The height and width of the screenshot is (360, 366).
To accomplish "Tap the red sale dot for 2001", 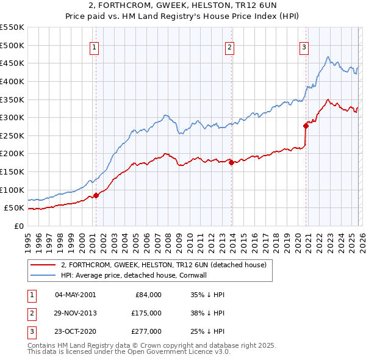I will (x=96, y=196).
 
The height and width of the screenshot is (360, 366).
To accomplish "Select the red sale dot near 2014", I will (x=231, y=162).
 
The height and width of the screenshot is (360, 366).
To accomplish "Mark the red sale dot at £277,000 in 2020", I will (x=306, y=126).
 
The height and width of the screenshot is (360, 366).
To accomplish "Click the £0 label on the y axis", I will (x=18, y=226).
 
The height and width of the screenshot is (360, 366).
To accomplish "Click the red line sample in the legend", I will (x=43, y=265).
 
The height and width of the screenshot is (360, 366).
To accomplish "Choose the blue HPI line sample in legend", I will (x=43, y=275).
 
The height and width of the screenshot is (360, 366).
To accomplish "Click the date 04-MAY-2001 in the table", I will (x=75, y=294).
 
